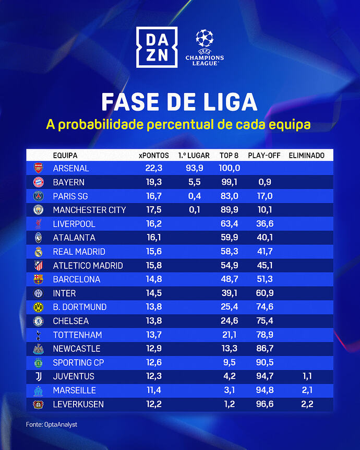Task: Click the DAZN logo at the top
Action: (x=155, y=47)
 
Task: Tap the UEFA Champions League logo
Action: (x=204, y=47)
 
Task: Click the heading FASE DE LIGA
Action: (x=179, y=102)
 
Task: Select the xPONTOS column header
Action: (x=154, y=156)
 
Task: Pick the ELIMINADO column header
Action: (x=306, y=156)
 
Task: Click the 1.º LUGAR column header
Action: (x=194, y=156)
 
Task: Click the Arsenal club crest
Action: (x=38, y=168)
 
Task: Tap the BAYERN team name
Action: (x=68, y=182)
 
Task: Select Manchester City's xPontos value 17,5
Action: (x=154, y=210)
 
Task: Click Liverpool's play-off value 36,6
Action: (x=265, y=224)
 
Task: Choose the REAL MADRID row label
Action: (x=79, y=252)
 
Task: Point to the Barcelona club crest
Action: (x=38, y=279)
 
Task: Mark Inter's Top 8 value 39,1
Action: (x=230, y=293)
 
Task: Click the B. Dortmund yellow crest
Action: (x=38, y=307)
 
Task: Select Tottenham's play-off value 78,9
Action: (x=265, y=335)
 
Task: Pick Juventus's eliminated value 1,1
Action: (x=306, y=376)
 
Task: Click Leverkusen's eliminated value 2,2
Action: (x=306, y=404)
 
